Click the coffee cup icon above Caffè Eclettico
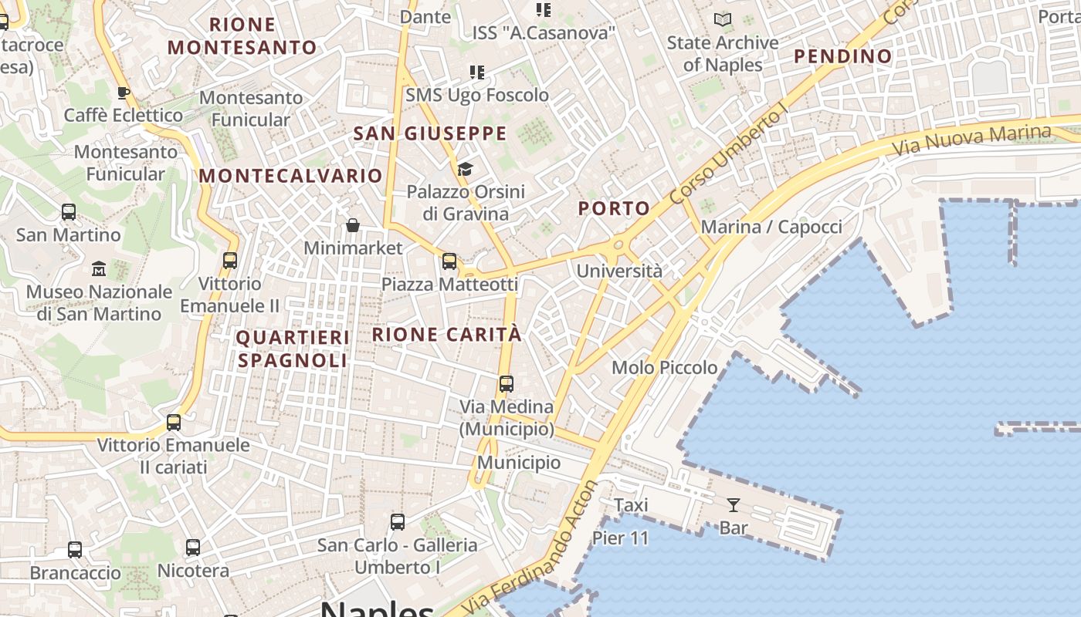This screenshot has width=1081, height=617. [123, 93]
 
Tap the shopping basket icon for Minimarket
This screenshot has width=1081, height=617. [353, 225]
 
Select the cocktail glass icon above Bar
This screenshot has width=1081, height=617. [734, 505]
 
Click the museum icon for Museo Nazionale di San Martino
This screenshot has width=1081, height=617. [99, 269]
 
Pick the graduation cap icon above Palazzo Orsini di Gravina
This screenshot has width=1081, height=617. [465, 169]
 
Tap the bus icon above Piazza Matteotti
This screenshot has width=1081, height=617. [449, 261]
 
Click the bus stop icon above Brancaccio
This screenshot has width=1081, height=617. [75, 550]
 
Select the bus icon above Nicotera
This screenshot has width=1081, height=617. [193, 548]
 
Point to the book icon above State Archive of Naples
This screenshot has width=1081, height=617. [723, 20]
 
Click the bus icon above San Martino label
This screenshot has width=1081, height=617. [69, 212]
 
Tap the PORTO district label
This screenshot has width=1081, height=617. [614, 208]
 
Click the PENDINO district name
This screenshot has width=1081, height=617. [842, 56]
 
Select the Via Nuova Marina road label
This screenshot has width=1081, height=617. [971, 139]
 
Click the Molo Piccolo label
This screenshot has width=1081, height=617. [664, 368]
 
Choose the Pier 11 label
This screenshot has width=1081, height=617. [620, 538]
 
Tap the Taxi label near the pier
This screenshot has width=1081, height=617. [631, 505]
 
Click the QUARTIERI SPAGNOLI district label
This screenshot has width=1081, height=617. [293, 349]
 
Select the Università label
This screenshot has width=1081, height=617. [619, 271]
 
